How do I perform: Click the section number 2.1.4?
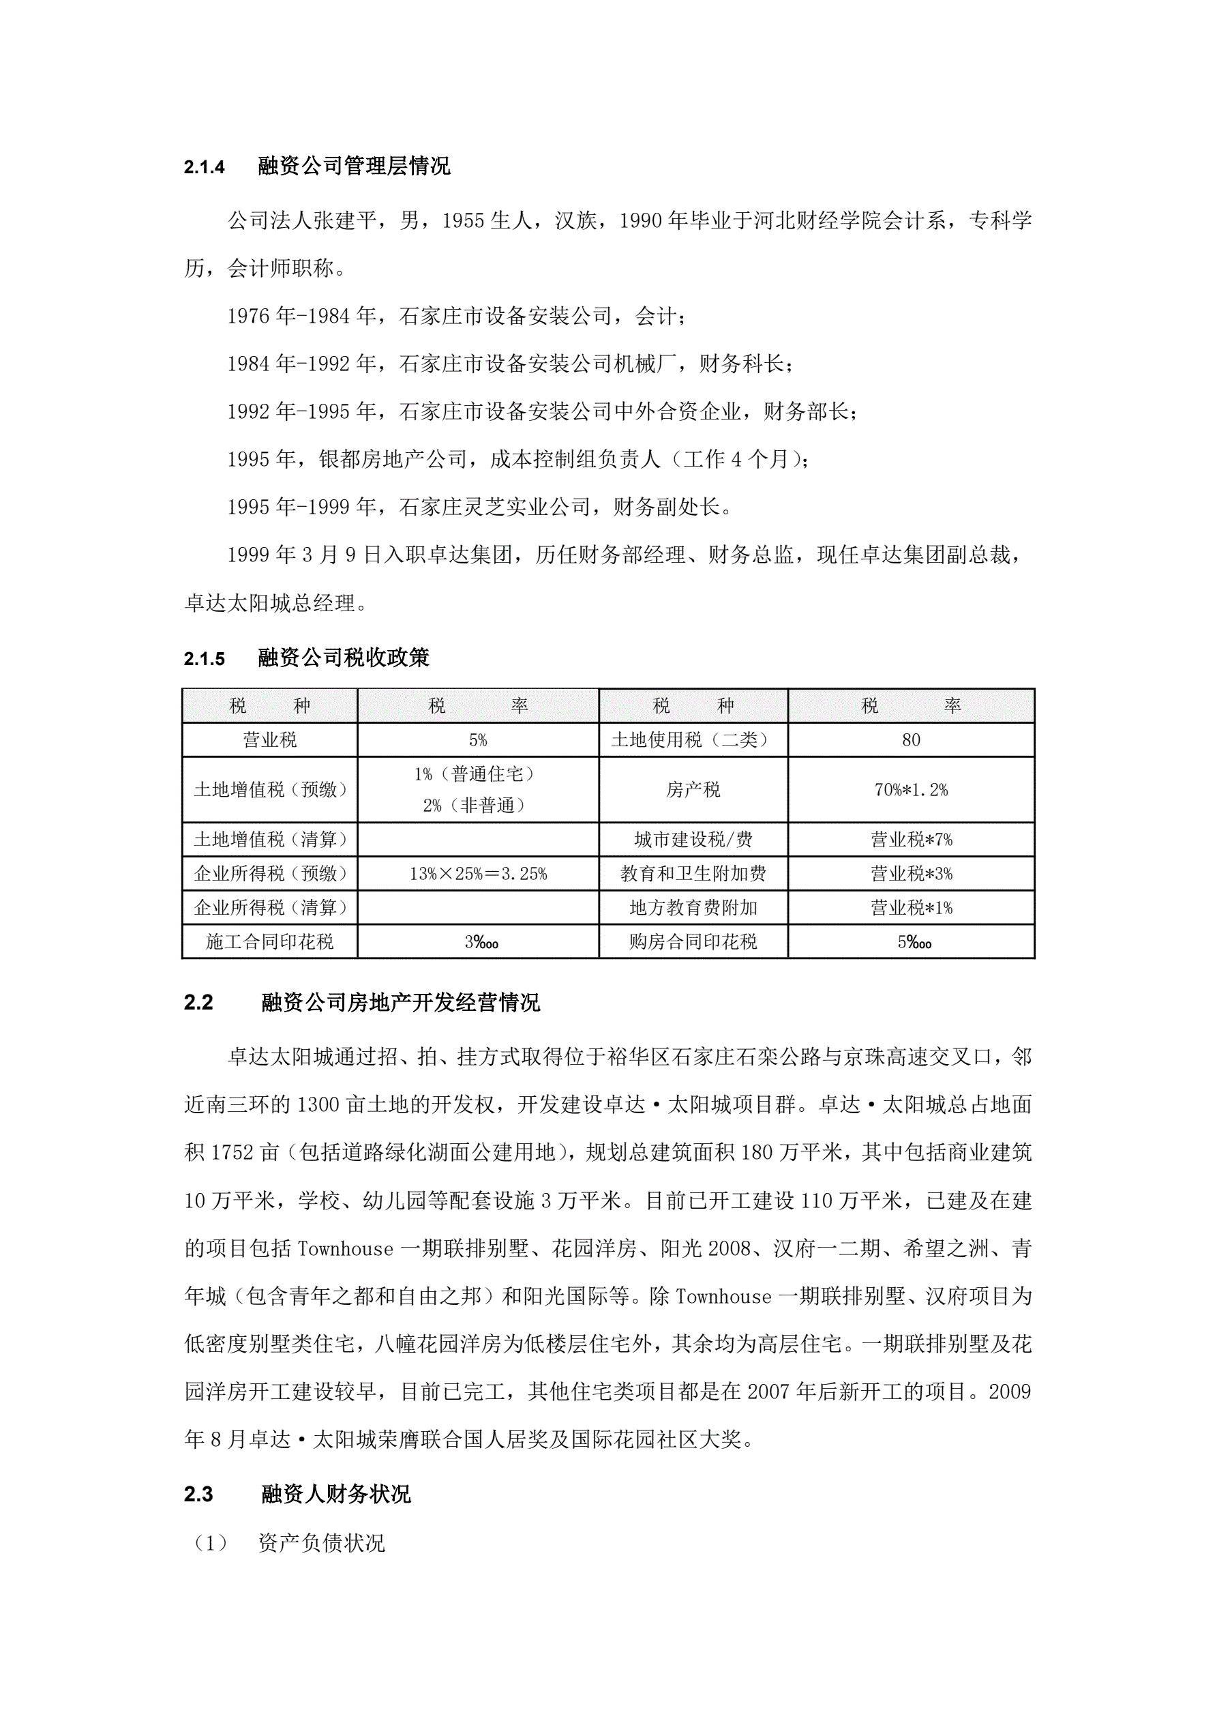204,166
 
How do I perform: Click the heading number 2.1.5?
204,659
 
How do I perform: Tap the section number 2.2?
198,1002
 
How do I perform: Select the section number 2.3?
198,1494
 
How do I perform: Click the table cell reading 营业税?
270,740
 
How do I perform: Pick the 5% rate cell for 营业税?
478,740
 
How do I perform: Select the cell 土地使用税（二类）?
693,740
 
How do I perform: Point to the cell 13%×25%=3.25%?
478,873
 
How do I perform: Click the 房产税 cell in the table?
693,789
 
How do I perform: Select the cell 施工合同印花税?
270,941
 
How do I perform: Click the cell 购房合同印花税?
693,941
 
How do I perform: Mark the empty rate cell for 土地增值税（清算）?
478,840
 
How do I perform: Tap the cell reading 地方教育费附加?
693,908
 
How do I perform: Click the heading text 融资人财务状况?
335,1494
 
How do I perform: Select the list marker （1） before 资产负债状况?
210,1542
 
